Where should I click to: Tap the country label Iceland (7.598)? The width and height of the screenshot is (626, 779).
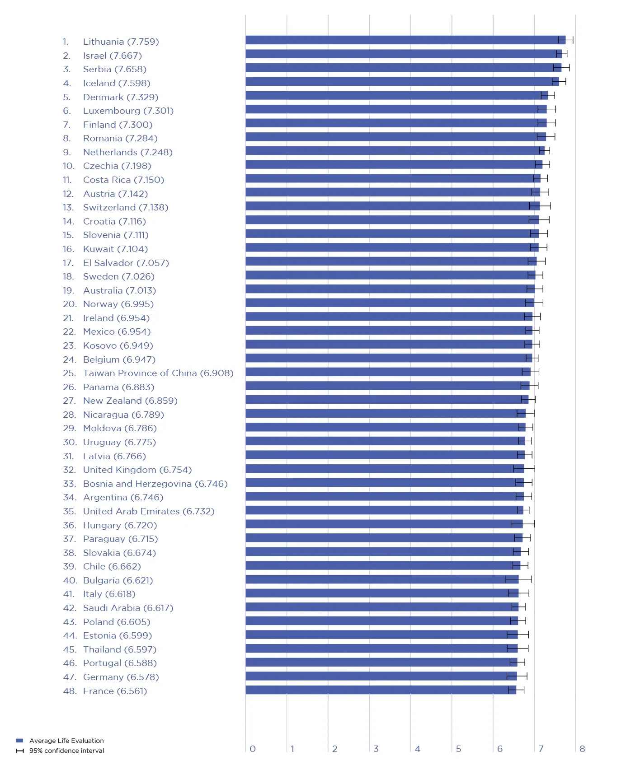tap(116, 83)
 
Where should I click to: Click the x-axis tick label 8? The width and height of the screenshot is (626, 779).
tap(582, 749)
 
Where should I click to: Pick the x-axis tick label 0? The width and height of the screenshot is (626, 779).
tap(253, 749)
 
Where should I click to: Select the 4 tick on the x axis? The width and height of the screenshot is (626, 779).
tap(417, 749)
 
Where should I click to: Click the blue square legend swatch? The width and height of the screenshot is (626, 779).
tap(19, 741)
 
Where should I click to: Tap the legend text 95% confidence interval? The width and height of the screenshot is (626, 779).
tap(66, 751)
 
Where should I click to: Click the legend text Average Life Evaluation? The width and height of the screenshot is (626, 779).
tap(66, 741)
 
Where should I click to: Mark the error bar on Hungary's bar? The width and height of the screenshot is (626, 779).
tap(522, 524)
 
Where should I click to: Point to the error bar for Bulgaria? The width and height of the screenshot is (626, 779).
tap(518, 579)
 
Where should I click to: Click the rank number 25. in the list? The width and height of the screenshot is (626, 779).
tap(69, 373)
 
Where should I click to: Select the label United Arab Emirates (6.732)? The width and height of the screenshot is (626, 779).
tap(148, 511)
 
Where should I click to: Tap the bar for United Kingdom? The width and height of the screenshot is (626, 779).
tap(384, 469)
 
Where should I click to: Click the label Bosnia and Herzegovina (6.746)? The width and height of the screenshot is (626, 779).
tap(155, 484)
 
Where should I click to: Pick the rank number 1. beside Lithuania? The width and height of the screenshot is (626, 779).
tap(66, 42)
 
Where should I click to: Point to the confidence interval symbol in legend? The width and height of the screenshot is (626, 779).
tap(19, 751)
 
